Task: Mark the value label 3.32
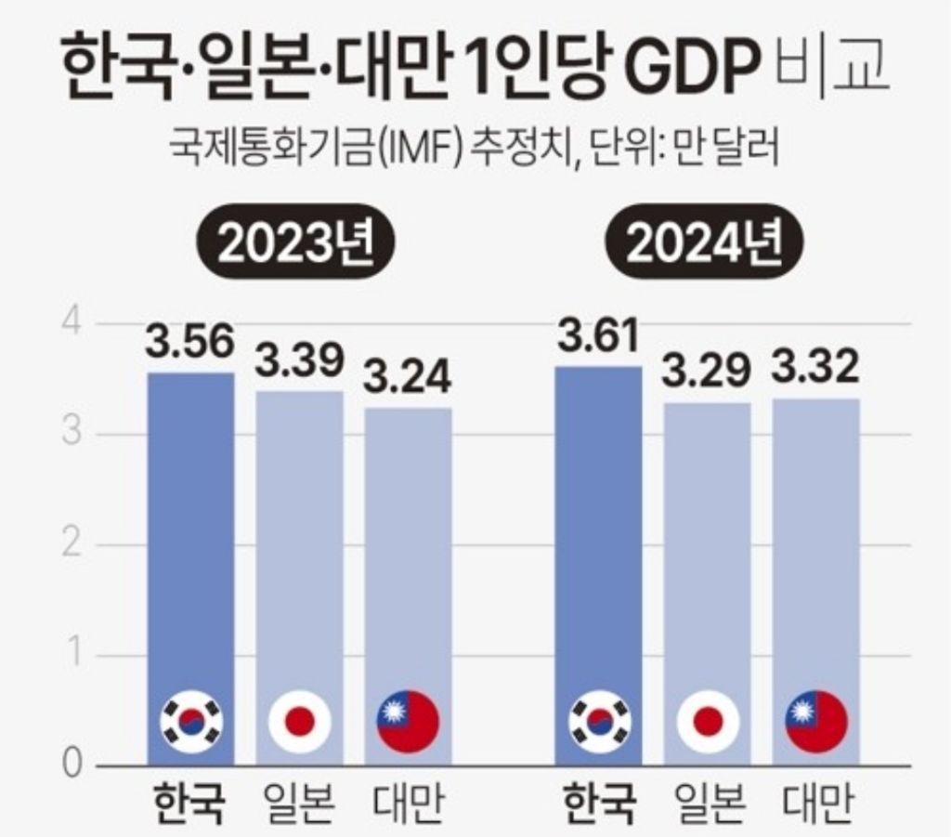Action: pyautogui.click(x=814, y=370)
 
